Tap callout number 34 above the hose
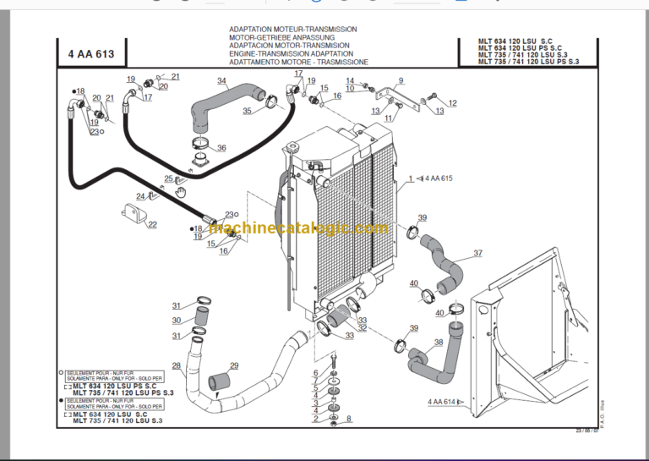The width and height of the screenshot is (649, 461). tap(221, 82)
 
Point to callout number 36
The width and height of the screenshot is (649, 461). tap(221, 148)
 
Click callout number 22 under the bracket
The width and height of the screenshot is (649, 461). tap(152, 224)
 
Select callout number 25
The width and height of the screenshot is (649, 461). tap(169, 178)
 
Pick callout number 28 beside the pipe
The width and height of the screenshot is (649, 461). tap(177, 365)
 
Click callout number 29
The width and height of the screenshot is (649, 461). tap(234, 365)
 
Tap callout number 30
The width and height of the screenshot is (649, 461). tap(177, 320)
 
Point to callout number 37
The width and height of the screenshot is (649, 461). tap(478, 253)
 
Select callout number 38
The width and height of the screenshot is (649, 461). tap(438, 343)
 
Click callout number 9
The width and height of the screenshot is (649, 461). tap(401, 81)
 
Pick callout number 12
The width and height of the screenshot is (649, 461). tap(452, 103)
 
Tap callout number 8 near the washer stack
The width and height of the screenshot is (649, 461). tap(348, 418)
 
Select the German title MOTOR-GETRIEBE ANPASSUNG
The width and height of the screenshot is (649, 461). tap(282, 38)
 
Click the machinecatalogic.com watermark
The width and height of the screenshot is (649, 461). tap(297, 228)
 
